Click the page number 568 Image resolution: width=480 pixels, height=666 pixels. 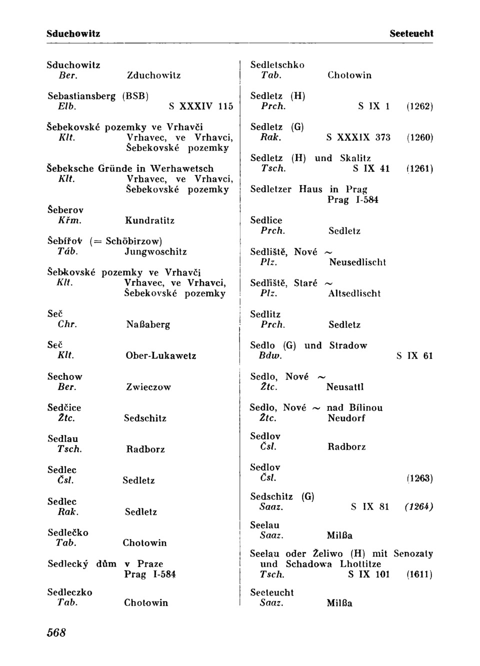pos(56,633)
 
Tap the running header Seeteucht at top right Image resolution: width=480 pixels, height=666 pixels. pos(411,34)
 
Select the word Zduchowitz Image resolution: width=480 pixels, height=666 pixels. pos(154,75)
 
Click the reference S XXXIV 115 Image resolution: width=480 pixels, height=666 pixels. pos(201,106)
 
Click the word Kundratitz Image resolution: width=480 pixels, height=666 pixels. pos(150,220)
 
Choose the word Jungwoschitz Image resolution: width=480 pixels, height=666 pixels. pos(155,251)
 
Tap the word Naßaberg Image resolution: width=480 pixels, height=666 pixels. pos(148,324)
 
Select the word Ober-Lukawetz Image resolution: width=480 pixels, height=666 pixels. pos(160,356)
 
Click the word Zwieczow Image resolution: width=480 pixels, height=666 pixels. pos(148,387)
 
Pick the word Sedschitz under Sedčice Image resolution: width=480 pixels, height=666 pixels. pos(145,418)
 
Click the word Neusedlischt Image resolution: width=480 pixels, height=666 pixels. pos(357,262)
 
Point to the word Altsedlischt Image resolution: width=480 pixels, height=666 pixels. pos(354,293)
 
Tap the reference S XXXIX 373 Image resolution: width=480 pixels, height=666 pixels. pos(358,137)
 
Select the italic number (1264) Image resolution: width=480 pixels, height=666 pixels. pos(419,507)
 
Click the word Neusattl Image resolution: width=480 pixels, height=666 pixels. pos(345,387)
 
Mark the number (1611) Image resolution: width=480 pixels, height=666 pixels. pos(419,574)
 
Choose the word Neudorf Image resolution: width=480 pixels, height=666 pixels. pos(346,418)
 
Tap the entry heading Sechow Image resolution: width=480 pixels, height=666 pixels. pos(65,376)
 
